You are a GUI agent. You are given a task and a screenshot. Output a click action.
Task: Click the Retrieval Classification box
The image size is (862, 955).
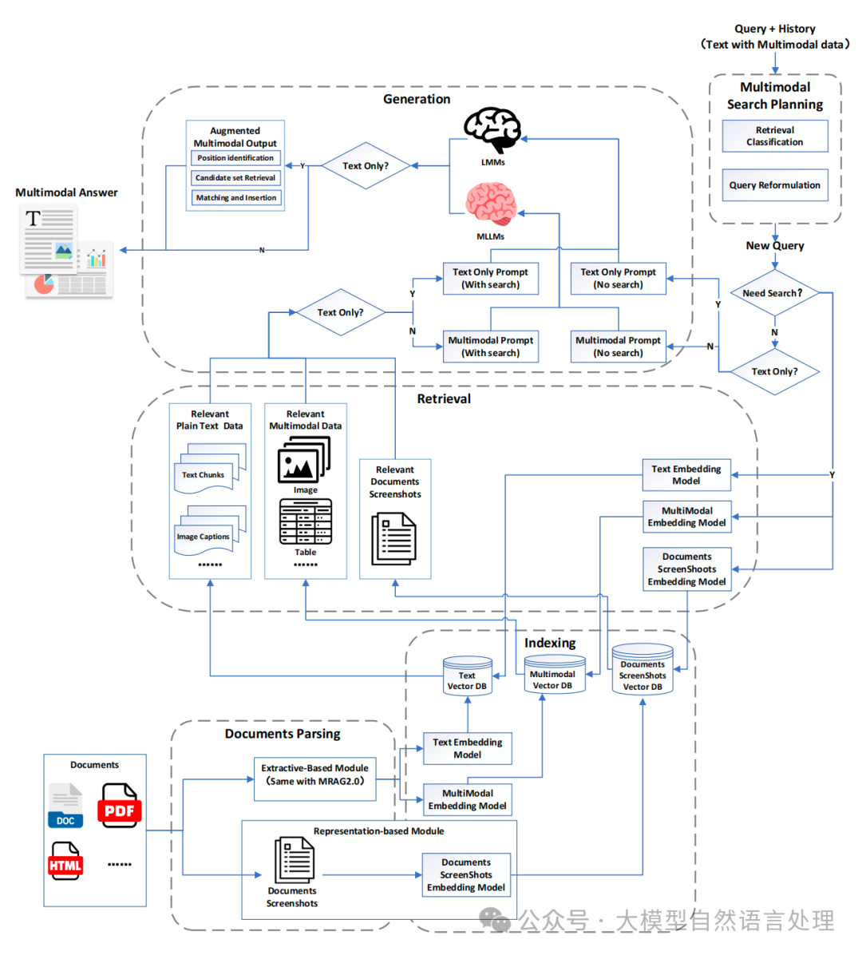[x=775, y=136]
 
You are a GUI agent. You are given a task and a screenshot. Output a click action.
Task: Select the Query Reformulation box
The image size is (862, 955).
[x=775, y=185]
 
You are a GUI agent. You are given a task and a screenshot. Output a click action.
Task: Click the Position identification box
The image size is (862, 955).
[x=235, y=158]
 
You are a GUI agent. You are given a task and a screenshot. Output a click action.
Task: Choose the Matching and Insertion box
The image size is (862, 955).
[x=236, y=198]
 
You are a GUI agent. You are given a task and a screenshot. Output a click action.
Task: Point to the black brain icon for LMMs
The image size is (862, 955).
[x=493, y=129]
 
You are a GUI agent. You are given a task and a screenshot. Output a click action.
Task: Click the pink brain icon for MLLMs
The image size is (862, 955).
[x=491, y=204]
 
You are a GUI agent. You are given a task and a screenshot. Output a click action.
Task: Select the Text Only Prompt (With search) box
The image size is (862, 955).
[x=490, y=279]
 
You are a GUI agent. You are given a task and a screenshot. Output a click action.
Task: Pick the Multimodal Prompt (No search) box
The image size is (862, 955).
[x=618, y=347]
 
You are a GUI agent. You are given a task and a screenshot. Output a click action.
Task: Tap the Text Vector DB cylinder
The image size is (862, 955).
[x=467, y=676]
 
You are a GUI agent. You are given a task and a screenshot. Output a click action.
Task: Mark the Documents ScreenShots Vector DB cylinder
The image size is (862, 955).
[x=643, y=670]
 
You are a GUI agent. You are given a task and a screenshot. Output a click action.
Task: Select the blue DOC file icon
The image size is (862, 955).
[x=65, y=805]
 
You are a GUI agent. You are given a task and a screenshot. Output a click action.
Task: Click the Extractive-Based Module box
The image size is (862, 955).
[x=315, y=775]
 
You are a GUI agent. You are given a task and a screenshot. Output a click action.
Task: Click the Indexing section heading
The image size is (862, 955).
[x=550, y=643]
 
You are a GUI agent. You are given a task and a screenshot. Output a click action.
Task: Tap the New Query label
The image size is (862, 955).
[x=775, y=246]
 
